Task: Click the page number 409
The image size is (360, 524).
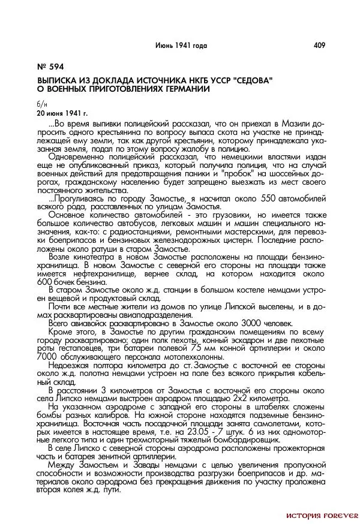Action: click(x=319, y=45)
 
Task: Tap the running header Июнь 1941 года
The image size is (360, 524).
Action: click(x=181, y=45)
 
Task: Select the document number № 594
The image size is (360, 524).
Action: click(x=50, y=67)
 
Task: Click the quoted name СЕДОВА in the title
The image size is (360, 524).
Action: click(x=248, y=79)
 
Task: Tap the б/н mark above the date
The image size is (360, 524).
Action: click(x=41, y=104)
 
